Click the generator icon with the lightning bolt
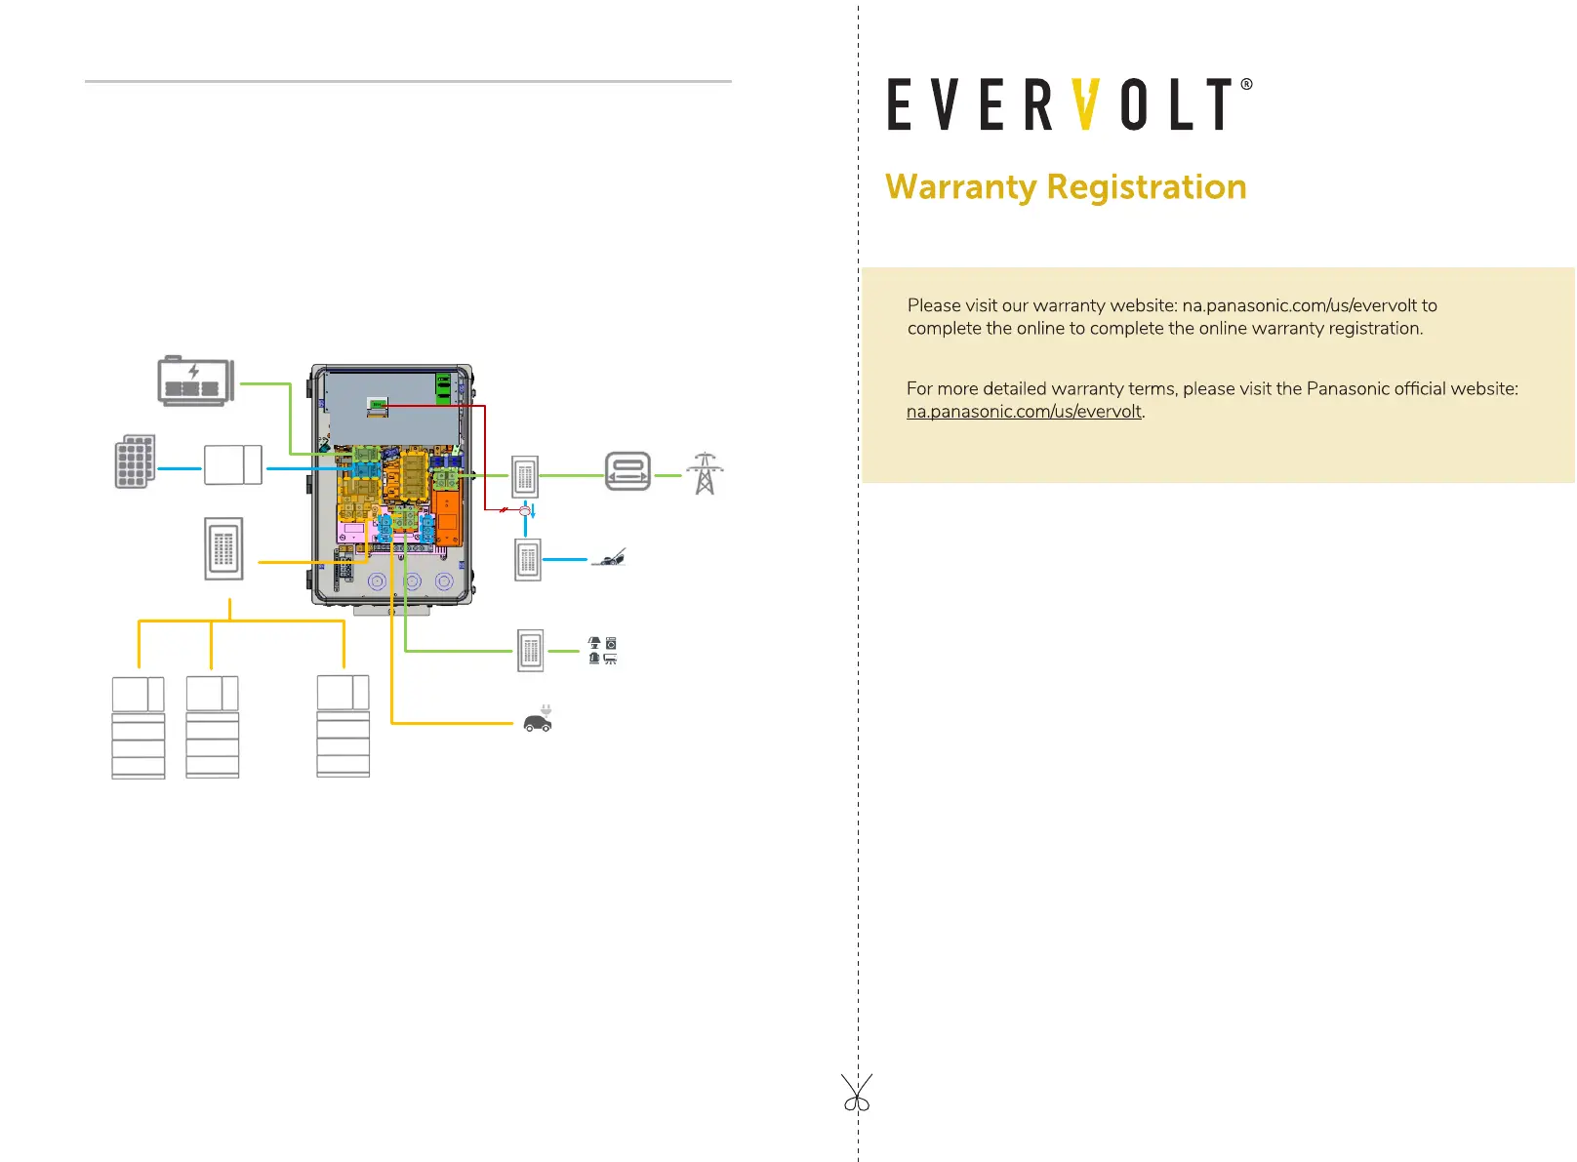[x=195, y=381]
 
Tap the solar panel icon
[x=135, y=461]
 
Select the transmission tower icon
[x=705, y=473]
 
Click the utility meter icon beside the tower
[x=627, y=472]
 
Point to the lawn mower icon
[x=610, y=558]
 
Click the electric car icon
[x=538, y=721]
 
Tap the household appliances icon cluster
[x=602, y=651]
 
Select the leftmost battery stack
[x=139, y=727]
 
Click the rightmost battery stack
[x=343, y=726]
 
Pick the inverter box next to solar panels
[x=233, y=465]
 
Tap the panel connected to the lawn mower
[x=528, y=560]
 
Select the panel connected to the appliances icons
[x=530, y=651]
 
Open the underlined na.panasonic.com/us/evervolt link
[x=1024, y=412]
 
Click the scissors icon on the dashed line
[x=857, y=1094]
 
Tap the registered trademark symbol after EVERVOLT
[x=1246, y=85]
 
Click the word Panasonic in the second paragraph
[x=1348, y=388]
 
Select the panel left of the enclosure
[x=223, y=548]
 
